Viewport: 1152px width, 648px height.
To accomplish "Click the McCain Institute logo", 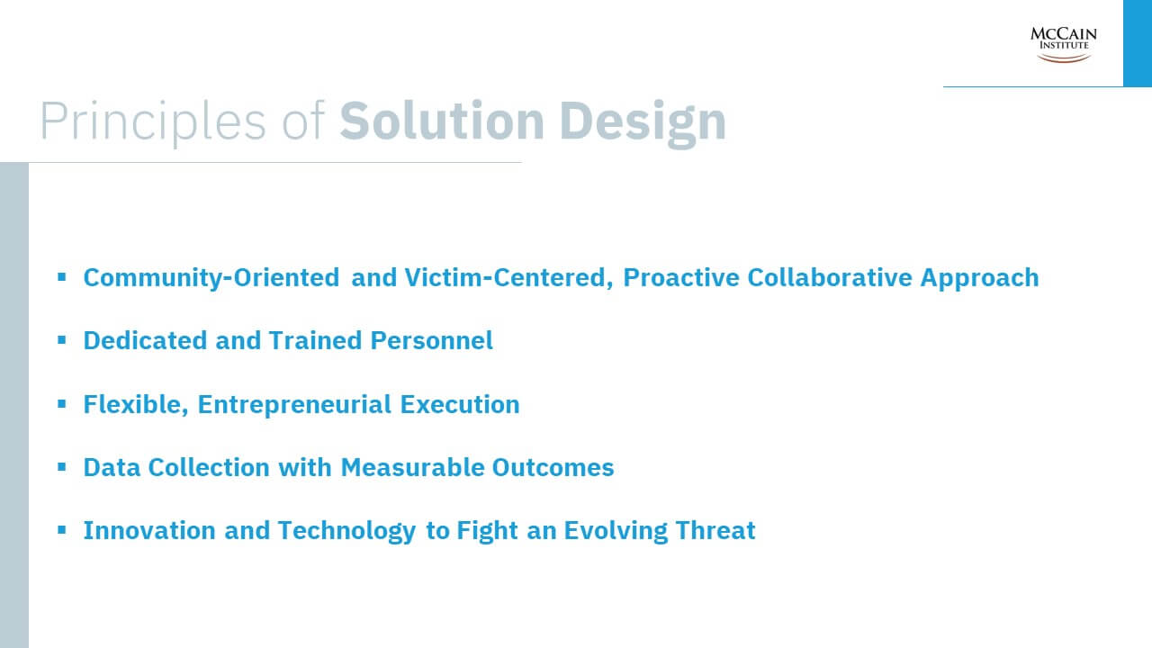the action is click(x=1063, y=45).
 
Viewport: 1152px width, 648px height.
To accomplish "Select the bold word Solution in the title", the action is click(x=442, y=121).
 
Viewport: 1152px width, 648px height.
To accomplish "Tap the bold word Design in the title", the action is click(x=643, y=123).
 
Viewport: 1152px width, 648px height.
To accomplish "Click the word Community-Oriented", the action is click(x=211, y=278).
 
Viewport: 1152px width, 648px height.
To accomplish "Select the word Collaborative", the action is click(x=830, y=278).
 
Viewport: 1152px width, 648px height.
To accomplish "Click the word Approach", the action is click(x=980, y=278).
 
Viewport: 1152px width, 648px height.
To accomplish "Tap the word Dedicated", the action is click(x=145, y=340).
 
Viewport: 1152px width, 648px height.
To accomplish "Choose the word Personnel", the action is click(x=431, y=340).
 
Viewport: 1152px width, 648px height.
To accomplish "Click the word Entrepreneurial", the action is click(x=294, y=405).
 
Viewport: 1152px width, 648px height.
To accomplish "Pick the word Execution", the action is click(x=460, y=404).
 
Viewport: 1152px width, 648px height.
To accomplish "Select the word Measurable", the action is click(x=412, y=467).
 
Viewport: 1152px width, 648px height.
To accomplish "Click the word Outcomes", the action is click(x=553, y=467).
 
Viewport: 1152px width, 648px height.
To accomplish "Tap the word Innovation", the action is click(x=149, y=530).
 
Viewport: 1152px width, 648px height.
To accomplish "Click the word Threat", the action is click(x=715, y=530).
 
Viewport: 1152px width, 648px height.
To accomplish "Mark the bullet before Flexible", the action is click(x=62, y=404).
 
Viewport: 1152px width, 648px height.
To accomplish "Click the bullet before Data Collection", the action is click(x=62, y=467).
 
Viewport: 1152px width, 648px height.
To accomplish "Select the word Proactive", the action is click(x=681, y=278).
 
